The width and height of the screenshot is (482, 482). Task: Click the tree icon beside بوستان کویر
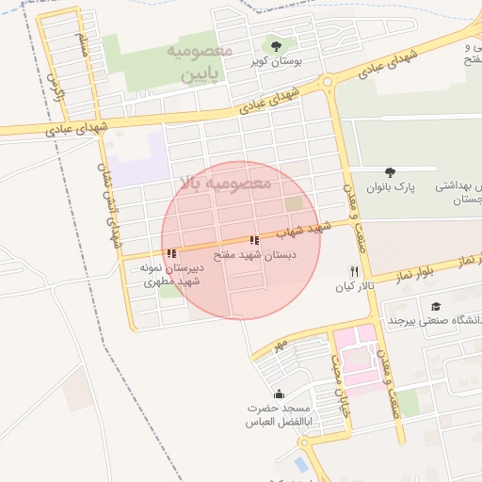(276, 45)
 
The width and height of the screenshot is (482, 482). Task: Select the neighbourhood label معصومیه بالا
(225, 183)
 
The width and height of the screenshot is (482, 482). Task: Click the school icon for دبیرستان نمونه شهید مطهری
(170, 253)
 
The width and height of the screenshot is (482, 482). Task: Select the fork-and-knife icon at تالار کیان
(354, 271)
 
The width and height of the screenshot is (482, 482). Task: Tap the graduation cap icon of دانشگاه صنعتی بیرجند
(435, 306)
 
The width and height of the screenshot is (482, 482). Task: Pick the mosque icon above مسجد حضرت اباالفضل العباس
(279, 394)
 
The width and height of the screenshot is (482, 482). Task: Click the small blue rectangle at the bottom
(300, 464)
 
